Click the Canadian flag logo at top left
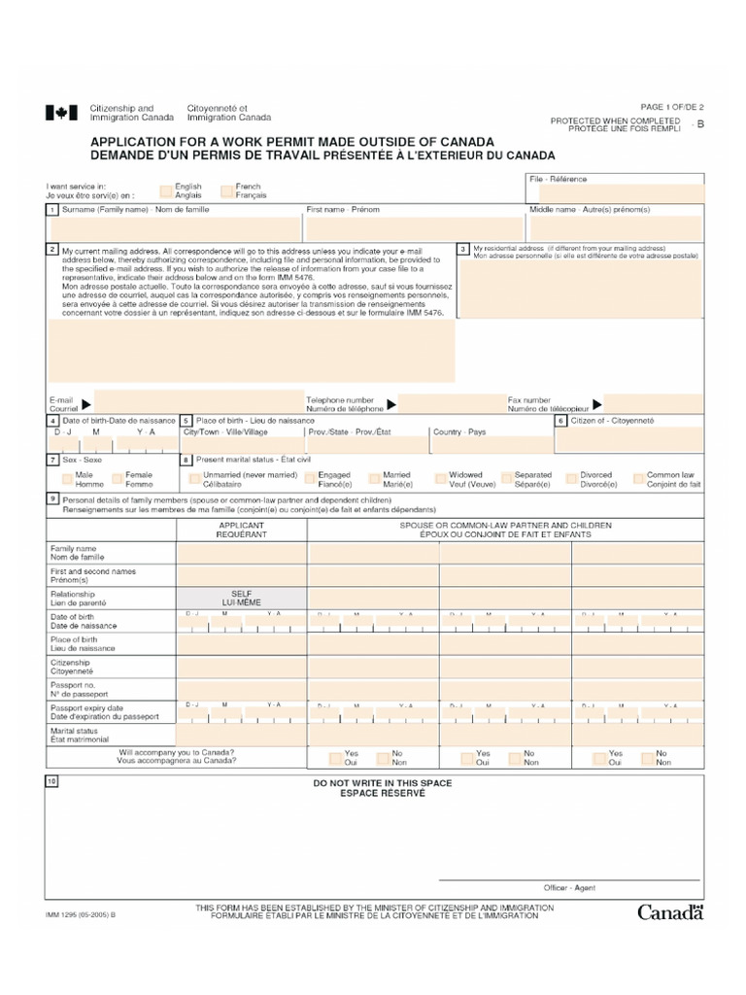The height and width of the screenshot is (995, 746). coord(60,113)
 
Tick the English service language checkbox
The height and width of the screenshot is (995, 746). coord(167,190)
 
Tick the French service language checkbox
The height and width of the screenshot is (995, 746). coord(227,190)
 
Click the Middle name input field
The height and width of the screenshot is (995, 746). coord(615,227)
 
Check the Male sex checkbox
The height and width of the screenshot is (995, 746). coord(68,479)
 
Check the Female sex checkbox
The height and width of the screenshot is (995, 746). coord(118,479)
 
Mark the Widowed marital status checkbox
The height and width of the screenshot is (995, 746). coord(441,479)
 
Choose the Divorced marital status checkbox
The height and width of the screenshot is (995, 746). coord(572,479)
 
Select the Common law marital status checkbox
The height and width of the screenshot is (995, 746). coord(639,479)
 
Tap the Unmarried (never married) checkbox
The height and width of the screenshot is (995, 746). coord(195,479)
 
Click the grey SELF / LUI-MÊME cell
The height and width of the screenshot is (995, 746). coord(241,598)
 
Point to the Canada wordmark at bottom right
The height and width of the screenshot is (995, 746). coord(669,911)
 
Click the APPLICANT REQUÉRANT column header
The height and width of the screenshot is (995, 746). coord(241,530)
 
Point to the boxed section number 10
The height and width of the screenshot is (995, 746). coord(51,782)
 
